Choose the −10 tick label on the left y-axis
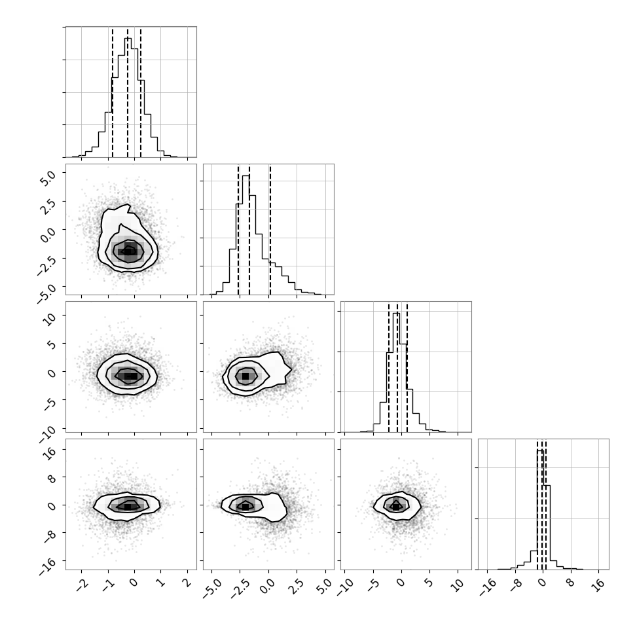47,431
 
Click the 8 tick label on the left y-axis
52,477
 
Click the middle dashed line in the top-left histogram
128,93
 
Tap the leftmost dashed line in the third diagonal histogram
389,368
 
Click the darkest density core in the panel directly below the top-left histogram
128,251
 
